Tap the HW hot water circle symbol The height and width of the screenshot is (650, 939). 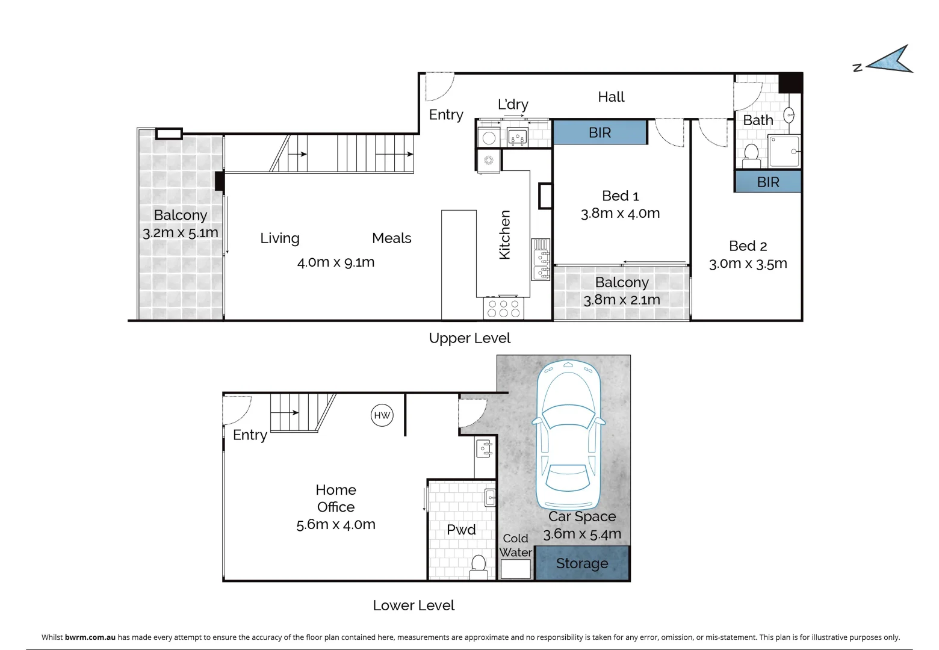click(x=382, y=415)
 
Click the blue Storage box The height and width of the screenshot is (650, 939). click(x=582, y=563)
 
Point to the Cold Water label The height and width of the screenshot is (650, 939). click(x=516, y=545)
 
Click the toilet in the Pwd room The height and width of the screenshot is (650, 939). click(x=479, y=567)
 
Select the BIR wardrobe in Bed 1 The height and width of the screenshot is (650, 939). click(x=600, y=132)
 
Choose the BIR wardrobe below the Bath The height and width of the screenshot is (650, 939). click(x=768, y=182)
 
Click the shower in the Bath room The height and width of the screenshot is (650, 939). click(x=784, y=151)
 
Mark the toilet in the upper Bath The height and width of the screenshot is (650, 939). click(x=751, y=155)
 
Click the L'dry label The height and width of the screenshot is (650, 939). click(x=513, y=104)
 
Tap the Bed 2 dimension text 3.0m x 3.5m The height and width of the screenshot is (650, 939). click(x=748, y=264)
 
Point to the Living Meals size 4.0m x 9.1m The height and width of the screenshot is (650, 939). click(x=336, y=262)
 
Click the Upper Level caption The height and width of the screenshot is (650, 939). click(x=469, y=338)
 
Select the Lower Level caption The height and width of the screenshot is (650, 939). click(x=414, y=605)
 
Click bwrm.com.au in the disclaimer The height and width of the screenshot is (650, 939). click(x=90, y=637)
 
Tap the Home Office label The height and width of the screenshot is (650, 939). click(x=336, y=498)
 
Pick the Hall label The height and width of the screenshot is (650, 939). click(x=611, y=97)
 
